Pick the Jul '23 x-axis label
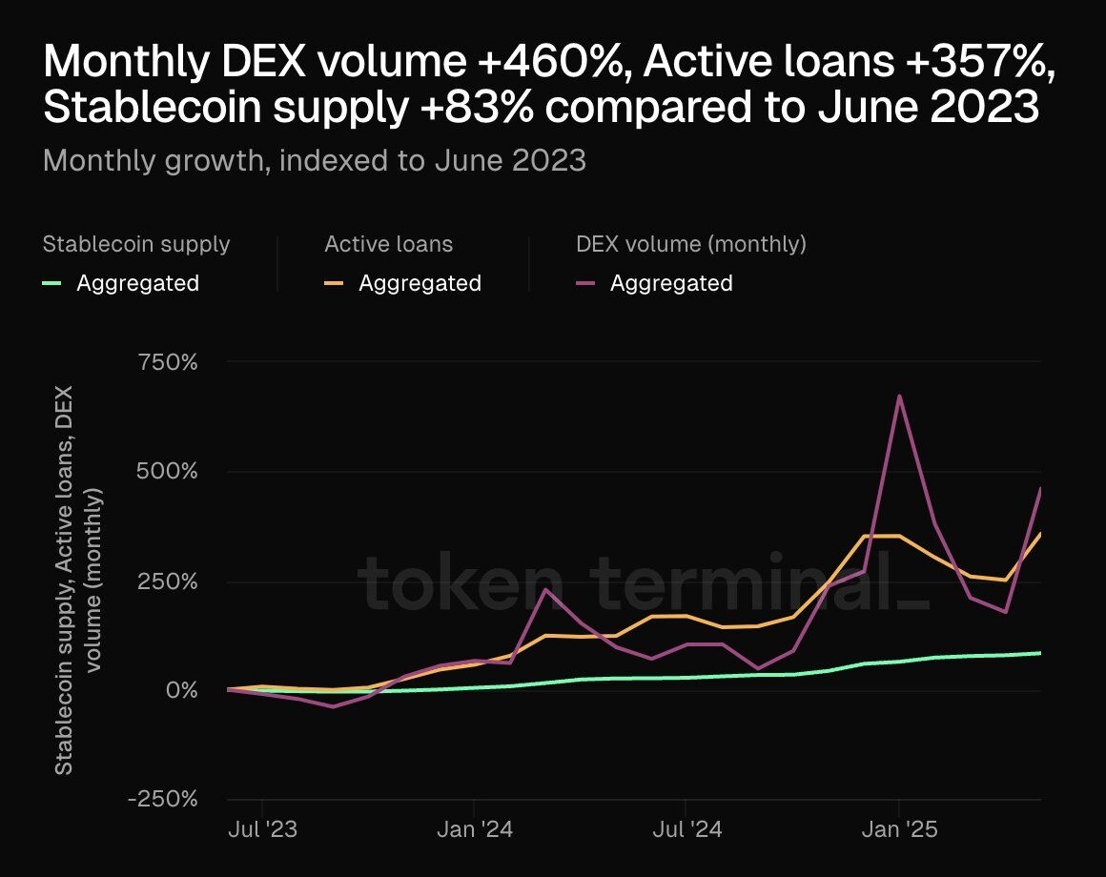(262, 829)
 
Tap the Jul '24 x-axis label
(686, 829)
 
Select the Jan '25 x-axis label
(899, 829)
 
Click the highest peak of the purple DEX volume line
(898, 397)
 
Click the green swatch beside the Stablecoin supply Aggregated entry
(52, 283)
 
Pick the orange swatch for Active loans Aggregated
(334, 283)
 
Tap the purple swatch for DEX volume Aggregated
(585, 283)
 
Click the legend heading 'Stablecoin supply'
(136, 244)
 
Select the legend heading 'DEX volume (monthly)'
(691, 244)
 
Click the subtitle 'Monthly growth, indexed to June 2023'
(315, 160)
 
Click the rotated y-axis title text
(77, 581)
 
